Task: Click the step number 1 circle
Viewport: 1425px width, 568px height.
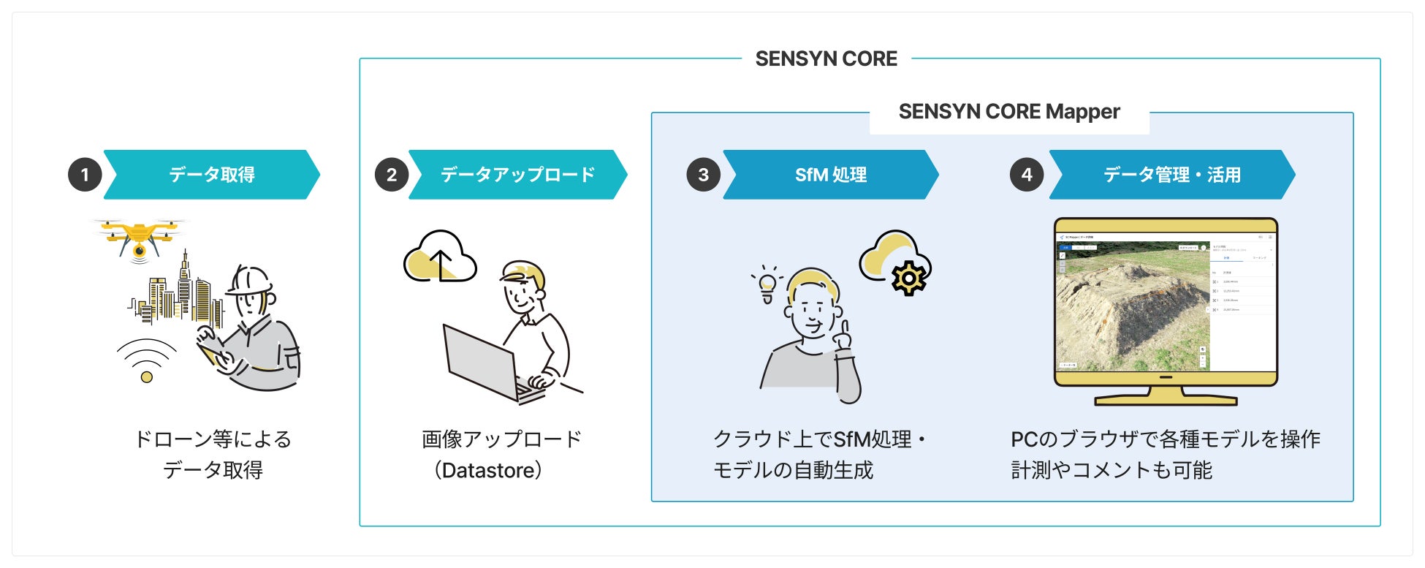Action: coord(85,175)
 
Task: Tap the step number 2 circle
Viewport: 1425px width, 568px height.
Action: coord(392,175)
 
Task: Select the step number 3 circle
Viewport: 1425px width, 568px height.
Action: coord(703,175)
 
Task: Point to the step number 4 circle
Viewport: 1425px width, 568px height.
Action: coord(1027,175)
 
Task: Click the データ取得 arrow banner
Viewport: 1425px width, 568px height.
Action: coord(212,175)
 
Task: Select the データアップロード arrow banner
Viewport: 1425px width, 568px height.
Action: coord(517,175)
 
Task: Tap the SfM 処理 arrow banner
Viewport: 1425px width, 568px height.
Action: coord(831,175)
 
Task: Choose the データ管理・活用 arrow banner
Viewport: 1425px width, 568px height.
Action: coord(1171,175)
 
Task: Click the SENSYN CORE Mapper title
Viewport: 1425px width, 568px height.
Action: coord(1008,112)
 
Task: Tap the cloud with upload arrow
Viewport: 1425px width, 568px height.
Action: coord(440,257)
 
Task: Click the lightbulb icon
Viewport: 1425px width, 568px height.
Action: coord(767,284)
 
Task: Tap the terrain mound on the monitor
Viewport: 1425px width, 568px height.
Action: coord(1133,307)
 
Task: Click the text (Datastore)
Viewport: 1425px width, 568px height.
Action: coord(488,470)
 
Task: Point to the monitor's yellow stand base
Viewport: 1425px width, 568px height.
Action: coord(1166,399)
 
